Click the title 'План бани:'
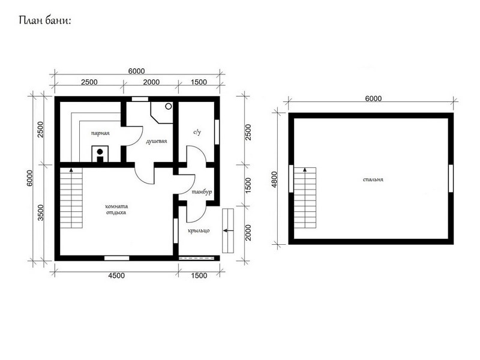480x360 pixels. [x=44, y=20]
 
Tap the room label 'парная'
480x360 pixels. [x=100, y=133]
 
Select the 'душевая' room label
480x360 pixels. [x=156, y=141]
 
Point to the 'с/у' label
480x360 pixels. [x=197, y=132]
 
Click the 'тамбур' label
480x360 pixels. [x=202, y=192]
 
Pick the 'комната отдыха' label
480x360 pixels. [x=116, y=209]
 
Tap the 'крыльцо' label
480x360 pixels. [x=199, y=230]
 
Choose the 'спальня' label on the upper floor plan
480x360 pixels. [x=373, y=179]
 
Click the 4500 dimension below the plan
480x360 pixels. [x=116, y=275]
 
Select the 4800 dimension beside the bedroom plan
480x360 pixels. [x=274, y=179]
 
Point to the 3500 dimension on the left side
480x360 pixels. [x=40, y=212]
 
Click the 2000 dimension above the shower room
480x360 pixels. [x=151, y=82]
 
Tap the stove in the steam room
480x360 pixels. [x=100, y=154]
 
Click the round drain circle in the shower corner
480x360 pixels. [x=169, y=106]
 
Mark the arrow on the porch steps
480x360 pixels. [x=228, y=230]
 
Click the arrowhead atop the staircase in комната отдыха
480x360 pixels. [x=71, y=170]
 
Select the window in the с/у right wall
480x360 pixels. [x=217, y=131]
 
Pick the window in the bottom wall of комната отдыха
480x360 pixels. [x=116, y=258]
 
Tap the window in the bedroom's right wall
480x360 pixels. [x=451, y=178]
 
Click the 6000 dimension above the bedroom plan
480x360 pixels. [x=373, y=98]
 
